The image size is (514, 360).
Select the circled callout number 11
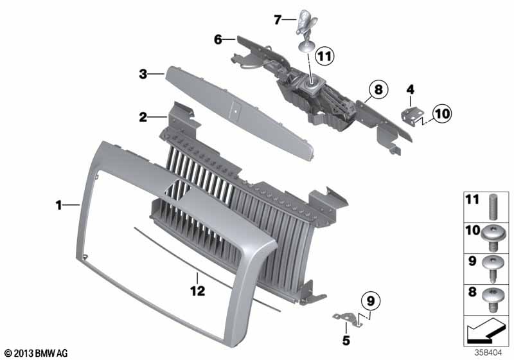(x=324, y=56)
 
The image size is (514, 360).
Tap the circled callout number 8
(x=378, y=89)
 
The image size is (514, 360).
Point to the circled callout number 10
(x=442, y=114)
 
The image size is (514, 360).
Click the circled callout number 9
(x=371, y=301)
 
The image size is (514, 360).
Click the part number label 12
(x=198, y=291)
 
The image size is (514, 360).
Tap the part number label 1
(x=58, y=206)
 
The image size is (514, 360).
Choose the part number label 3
(x=143, y=74)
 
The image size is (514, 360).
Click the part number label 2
(x=143, y=117)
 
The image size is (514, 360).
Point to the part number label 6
(x=218, y=40)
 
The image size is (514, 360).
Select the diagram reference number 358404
(x=488, y=353)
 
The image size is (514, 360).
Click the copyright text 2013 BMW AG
(x=36, y=353)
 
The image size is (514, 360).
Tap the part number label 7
(x=278, y=20)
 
